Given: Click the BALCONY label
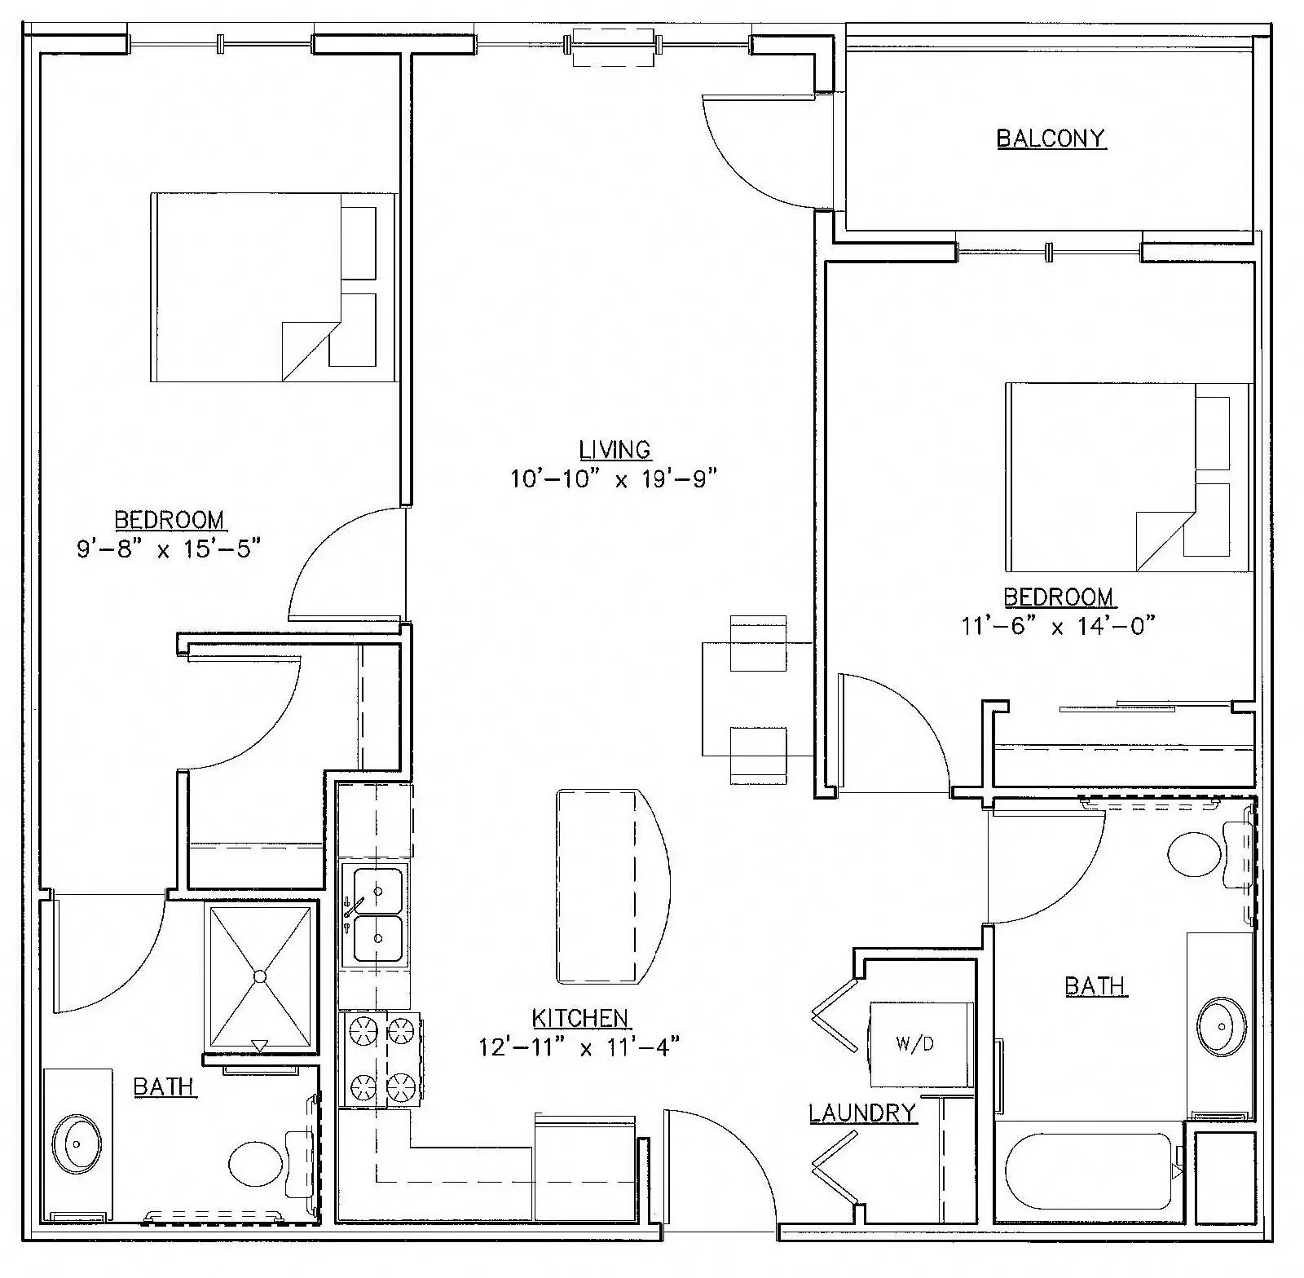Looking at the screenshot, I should point(1051,138).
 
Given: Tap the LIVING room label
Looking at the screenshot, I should point(615,449).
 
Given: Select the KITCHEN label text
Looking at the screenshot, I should point(580,1017).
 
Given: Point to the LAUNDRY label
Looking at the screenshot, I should point(862,1113).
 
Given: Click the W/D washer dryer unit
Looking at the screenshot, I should point(921,1044).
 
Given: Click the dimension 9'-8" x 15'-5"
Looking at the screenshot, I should point(169,549).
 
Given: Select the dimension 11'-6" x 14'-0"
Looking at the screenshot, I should point(1059,626).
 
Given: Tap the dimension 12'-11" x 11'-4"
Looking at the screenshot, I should point(579,1047).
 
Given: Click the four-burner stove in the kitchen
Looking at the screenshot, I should point(381,1060).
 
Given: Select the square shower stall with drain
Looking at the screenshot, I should point(260,976).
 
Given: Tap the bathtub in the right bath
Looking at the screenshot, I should point(1087,1171).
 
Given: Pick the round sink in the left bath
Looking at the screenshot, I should point(77,1144).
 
